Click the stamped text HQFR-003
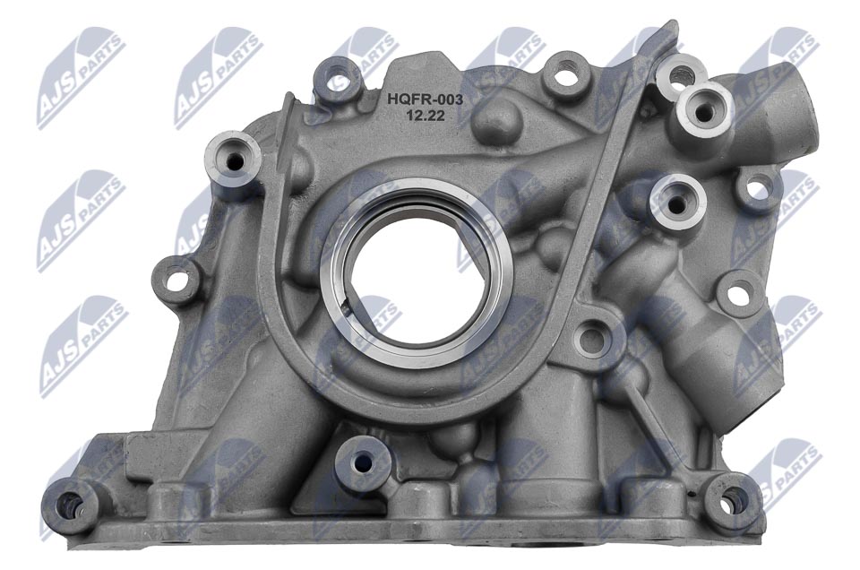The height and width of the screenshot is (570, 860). tap(424, 100)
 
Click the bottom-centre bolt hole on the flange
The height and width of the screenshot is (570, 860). tap(362, 462)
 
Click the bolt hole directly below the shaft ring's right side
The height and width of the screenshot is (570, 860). tap(590, 339)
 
